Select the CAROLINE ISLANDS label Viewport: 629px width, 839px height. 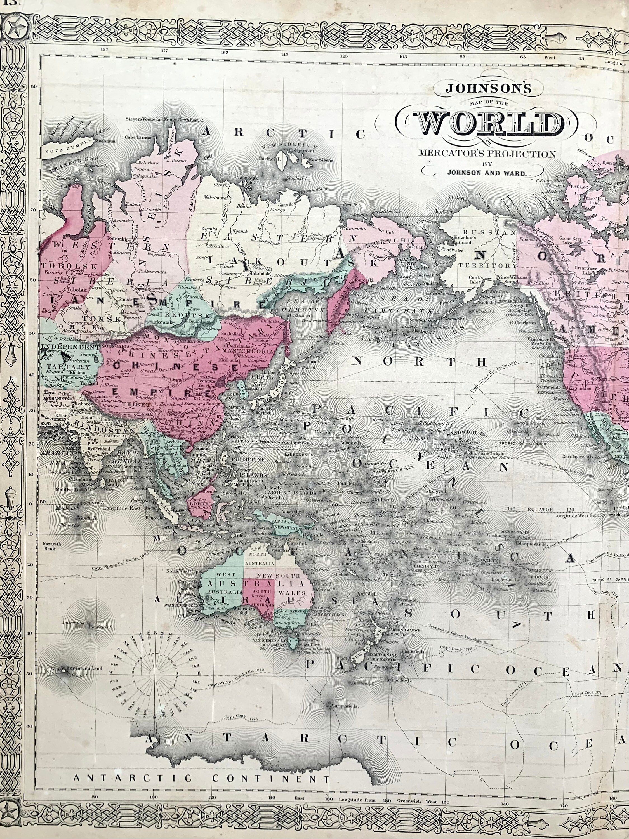pyautogui.click(x=291, y=493)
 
